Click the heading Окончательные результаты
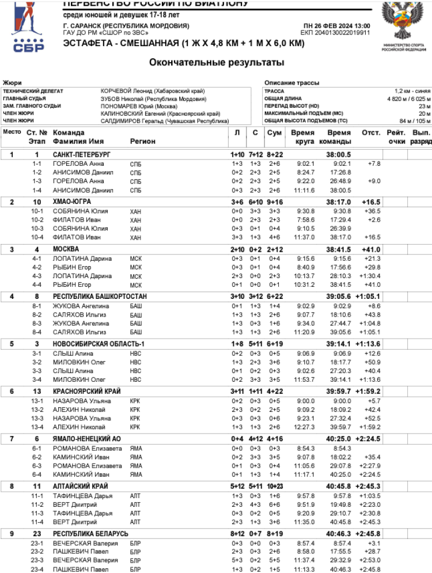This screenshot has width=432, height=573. tap(216, 62)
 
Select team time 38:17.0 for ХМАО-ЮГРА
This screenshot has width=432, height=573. tap(338, 202)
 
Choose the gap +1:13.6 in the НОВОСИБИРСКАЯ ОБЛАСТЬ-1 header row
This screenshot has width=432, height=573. tap(367, 344)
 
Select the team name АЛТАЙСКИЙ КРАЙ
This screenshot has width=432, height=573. tap(80, 487)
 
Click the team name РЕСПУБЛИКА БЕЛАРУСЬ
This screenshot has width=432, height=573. tap(90, 534)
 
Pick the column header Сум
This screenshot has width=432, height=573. tap(274, 132)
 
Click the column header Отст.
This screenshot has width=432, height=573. tap(371, 132)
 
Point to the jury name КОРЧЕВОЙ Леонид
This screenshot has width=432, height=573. tap(124, 91)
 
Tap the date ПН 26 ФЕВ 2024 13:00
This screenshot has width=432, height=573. tap(336, 26)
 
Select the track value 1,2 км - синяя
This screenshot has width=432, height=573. tap(412, 91)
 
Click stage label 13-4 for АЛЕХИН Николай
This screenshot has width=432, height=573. tap(37, 427)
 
